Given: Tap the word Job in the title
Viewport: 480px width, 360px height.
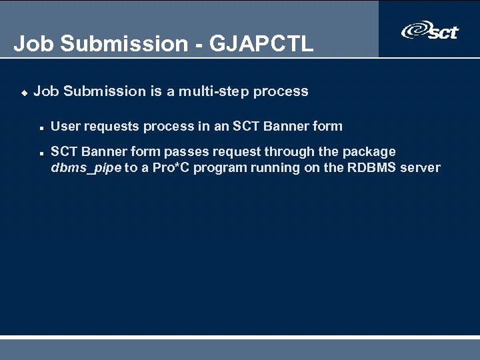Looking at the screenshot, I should (30, 44).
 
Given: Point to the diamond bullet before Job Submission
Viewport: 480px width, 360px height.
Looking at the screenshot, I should (24, 93).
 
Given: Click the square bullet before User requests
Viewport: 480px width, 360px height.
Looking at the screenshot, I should (41, 127).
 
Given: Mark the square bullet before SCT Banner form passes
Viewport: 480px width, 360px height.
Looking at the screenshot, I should (41, 153).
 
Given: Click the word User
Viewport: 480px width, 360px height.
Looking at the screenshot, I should (65, 126).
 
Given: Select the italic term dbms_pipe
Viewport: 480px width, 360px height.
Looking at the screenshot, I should (86, 167).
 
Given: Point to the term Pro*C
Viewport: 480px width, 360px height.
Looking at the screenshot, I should (171, 167).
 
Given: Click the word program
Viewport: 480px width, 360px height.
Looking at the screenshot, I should (219, 167).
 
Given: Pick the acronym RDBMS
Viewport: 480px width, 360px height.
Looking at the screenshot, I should (371, 167).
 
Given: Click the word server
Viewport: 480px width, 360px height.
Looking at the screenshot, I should (420, 167).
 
